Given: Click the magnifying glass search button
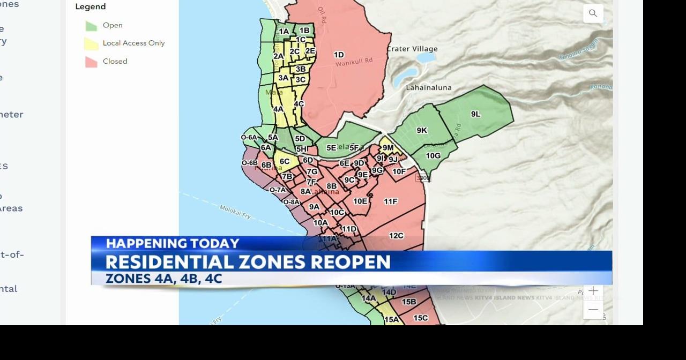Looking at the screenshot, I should (x=593, y=13).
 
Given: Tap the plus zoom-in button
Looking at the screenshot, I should (x=593, y=291).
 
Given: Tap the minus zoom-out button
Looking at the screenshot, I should (x=593, y=310).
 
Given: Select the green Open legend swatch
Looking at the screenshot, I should (x=91, y=26).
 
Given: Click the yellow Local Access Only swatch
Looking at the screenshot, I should (x=91, y=44).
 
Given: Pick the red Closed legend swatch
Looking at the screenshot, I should (x=91, y=62).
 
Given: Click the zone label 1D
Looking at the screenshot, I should (x=339, y=55).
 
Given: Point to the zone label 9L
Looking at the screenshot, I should (x=475, y=114).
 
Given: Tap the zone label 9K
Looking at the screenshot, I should (x=422, y=130).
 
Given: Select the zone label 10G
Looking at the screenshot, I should (x=433, y=156).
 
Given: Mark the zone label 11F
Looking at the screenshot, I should (x=391, y=201).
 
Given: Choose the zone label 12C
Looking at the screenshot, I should (x=396, y=236).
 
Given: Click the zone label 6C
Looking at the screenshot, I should (x=285, y=161).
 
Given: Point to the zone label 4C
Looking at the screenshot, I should (x=299, y=104).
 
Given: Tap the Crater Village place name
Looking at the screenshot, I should (x=412, y=49).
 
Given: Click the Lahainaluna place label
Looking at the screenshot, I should (x=429, y=87).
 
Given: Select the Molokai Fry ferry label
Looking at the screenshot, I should (x=235, y=212).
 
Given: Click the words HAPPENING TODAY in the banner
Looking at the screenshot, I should (x=172, y=244).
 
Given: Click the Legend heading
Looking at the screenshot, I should (x=91, y=6).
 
